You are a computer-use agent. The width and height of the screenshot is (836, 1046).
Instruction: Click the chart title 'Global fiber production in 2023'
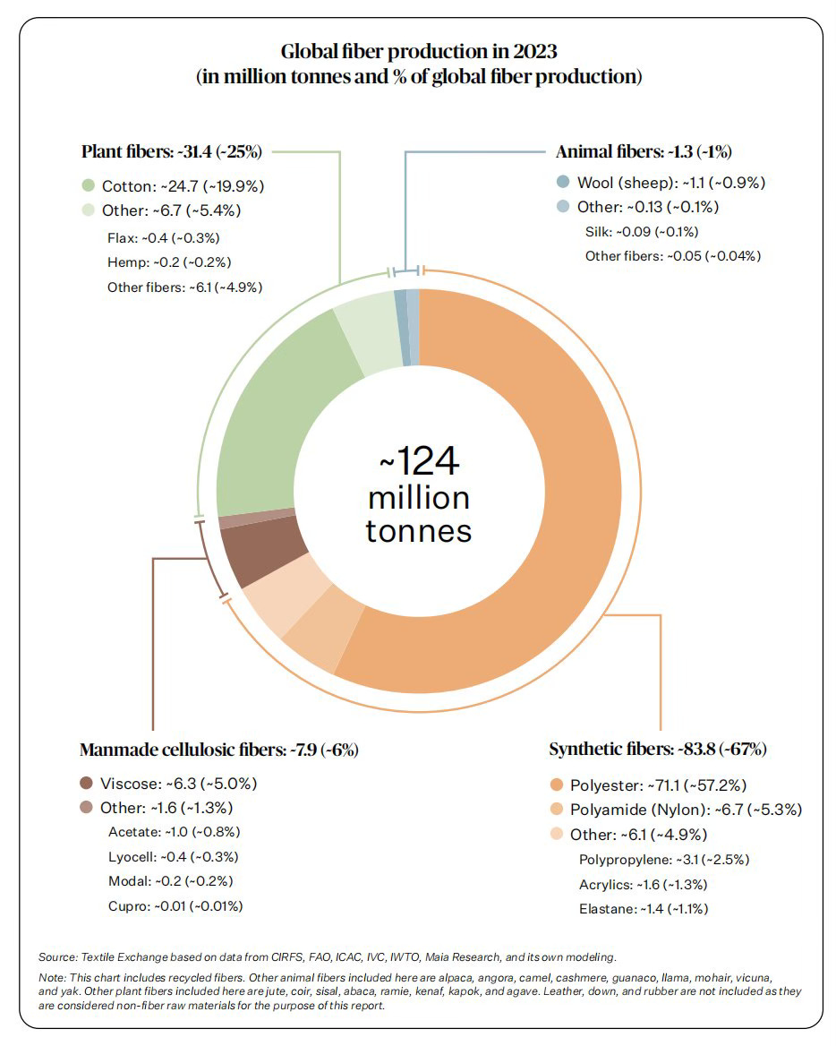click(419, 50)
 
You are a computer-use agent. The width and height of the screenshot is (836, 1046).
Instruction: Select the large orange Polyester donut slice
click(537, 502)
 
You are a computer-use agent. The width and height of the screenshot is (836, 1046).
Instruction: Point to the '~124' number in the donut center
click(419, 462)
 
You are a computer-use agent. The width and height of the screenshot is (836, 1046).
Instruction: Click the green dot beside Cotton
click(88, 186)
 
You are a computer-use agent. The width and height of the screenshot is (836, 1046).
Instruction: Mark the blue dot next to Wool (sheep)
click(562, 183)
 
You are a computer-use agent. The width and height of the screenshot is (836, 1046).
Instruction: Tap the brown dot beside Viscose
click(87, 783)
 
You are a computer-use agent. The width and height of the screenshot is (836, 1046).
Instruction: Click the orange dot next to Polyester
click(556, 785)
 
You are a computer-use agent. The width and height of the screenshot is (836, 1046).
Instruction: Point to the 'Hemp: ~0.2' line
click(166, 262)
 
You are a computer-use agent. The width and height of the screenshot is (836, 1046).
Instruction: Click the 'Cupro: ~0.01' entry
click(175, 905)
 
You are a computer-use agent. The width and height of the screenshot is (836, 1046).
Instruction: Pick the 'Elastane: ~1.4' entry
click(643, 909)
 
